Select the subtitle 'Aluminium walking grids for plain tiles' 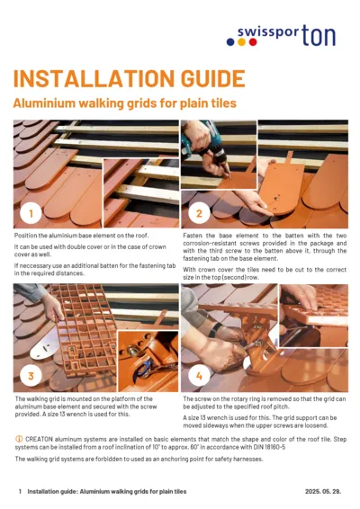point(124,103)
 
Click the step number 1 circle point(31,214)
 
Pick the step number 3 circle point(31,374)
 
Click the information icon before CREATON point(19,434)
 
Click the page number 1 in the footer point(20,492)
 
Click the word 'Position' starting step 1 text point(28,234)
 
